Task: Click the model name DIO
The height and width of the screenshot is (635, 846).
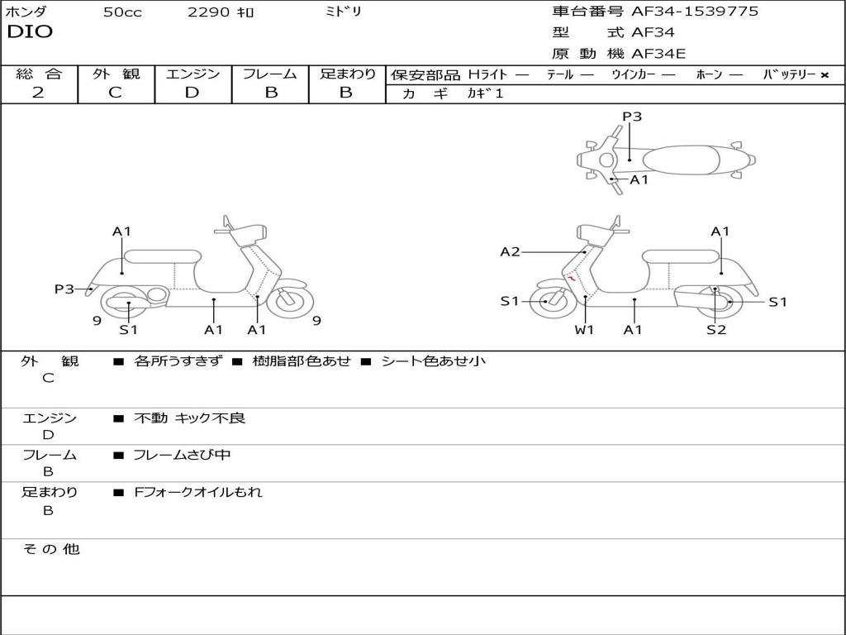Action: pos(30,32)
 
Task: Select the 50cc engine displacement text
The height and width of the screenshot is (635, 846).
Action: pos(122,12)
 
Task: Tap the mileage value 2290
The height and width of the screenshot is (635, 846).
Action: pos(210,12)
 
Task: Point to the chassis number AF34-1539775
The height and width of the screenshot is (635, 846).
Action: pos(695,12)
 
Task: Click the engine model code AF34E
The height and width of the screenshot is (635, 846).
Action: pos(658,55)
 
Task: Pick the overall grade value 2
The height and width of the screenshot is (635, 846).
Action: pos(38,93)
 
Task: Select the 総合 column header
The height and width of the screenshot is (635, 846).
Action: pos(39,74)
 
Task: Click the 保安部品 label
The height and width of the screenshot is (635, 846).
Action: pos(425,75)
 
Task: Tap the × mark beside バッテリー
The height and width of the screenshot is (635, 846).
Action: pos(825,75)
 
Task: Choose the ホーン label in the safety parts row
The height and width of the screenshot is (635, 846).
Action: pos(709,75)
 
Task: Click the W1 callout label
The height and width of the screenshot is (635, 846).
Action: pos(585,330)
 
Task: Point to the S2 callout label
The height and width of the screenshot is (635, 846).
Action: pos(716,330)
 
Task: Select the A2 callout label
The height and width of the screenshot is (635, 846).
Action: pos(510,252)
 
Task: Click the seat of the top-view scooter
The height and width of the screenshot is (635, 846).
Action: pos(677,159)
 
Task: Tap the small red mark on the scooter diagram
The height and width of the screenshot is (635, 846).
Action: pos(572,279)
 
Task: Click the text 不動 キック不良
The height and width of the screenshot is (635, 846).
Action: pos(189,418)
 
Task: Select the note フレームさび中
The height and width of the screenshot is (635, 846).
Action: pos(182,455)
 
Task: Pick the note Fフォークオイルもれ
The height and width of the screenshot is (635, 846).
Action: pos(197,492)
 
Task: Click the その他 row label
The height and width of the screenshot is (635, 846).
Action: pos(50,549)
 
